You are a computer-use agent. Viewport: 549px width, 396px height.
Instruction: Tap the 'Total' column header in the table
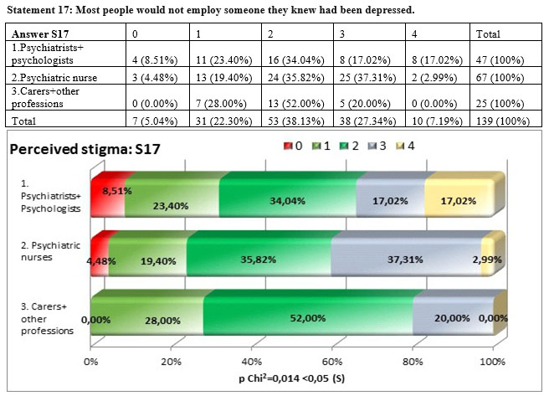pos(487,34)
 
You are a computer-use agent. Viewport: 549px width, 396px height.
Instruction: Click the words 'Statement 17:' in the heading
pos(38,10)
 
